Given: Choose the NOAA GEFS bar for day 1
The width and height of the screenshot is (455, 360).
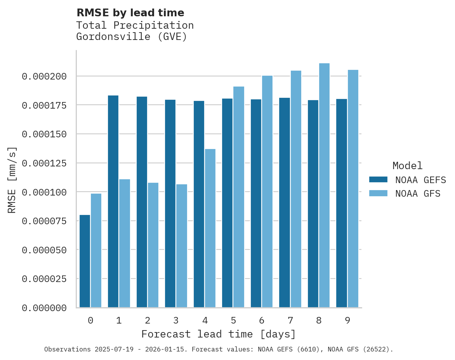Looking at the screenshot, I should point(113,201).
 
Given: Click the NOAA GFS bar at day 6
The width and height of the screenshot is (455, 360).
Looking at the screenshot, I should point(267,192).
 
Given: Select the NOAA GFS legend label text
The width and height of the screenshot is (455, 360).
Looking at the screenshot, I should point(418,194).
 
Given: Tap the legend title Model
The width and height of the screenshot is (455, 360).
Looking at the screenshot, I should point(407,166).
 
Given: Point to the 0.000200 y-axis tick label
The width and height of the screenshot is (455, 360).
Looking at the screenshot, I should point(44,76).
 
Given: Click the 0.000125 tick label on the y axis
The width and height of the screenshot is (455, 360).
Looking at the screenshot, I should point(44,163).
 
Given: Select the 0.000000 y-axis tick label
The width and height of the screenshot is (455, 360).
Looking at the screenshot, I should point(44,308).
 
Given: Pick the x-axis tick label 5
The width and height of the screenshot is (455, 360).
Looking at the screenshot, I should point(233,321).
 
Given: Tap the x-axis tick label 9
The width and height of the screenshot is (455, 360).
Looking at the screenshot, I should point(347,321).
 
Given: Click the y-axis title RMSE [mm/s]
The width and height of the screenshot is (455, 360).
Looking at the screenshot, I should point(12,180).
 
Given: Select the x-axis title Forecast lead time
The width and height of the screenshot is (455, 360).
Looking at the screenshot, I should point(219,334).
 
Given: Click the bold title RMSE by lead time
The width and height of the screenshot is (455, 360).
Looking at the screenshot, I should point(130,13).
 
